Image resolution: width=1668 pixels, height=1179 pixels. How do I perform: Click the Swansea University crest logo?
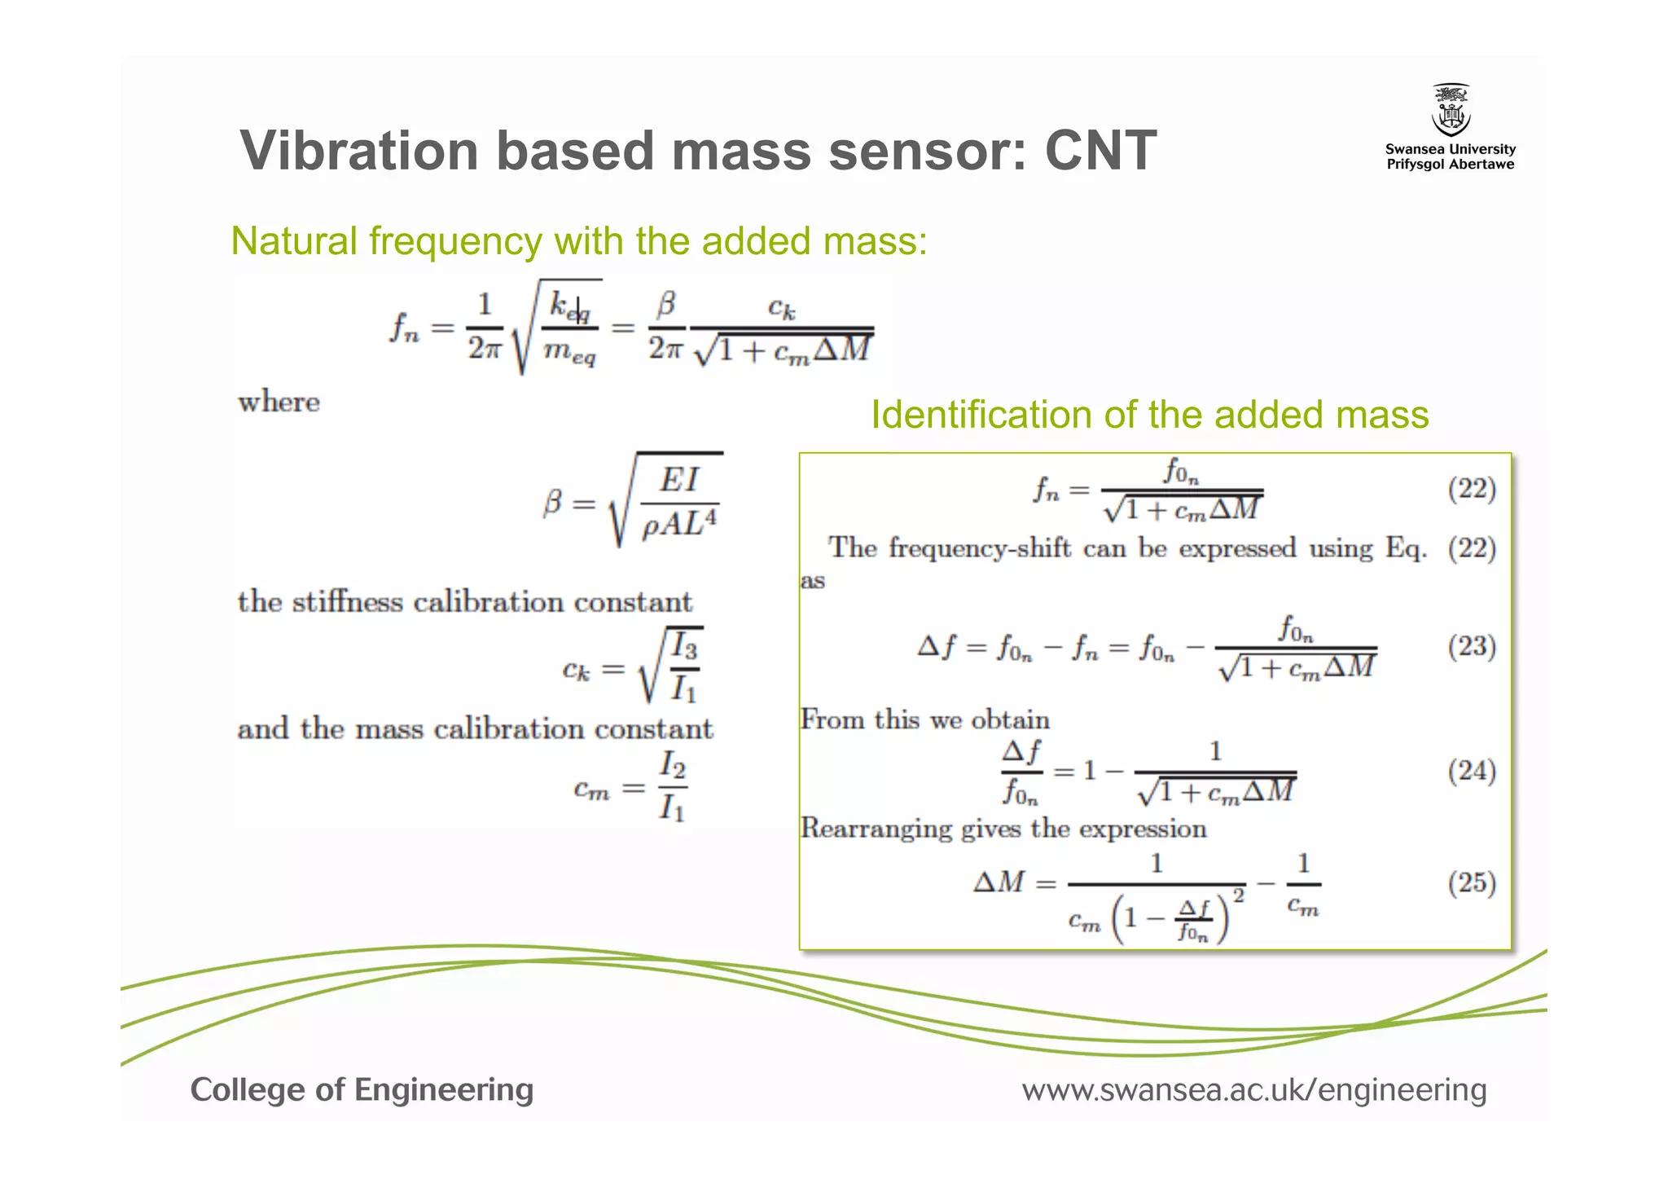click(x=1451, y=111)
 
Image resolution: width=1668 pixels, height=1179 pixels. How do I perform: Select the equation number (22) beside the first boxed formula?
click(x=1472, y=489)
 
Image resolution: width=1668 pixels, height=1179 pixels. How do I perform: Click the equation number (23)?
click(x=1472, y=647)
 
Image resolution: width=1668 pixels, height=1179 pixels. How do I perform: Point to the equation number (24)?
click(x=1472, y=771)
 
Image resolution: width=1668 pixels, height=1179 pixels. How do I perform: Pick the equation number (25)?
click(x=1472, y=882)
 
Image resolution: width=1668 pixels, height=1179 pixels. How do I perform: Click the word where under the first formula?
click(x=279, y=402)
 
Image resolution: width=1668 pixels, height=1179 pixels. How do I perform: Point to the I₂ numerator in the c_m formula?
click(x=672, y=765)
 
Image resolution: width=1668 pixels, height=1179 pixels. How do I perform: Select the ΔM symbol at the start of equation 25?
click(x=999, y=882)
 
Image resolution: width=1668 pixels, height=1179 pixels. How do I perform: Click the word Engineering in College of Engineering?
click(x=444, y=1090)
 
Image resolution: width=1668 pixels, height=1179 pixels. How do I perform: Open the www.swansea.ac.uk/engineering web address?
click(x=1254, y=1090)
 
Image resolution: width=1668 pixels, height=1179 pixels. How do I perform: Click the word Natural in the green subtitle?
click(x=294, y=241)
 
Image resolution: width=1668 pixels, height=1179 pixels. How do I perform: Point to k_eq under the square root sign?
click(x=569, y=306)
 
